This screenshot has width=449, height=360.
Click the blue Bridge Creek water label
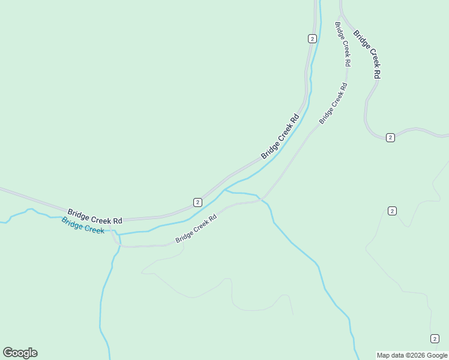click(83, 225)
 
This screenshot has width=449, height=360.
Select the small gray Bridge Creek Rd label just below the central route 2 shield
click(196, 230)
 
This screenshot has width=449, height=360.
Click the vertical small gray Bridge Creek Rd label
click(343, 44)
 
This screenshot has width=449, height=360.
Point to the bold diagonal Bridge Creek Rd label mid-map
click(280, 137)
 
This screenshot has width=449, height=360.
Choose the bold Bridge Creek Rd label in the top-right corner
click(367, 54)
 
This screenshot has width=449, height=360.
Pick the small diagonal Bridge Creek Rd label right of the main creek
click(333, 104)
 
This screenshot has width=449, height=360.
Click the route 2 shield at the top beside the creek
click(312, 38)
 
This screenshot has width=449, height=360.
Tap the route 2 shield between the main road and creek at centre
click(197, 202)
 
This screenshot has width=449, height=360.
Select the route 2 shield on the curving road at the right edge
click(390, 137)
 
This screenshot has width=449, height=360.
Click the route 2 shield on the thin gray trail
click(392, 211)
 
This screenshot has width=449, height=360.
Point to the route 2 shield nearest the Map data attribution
click(435, 339)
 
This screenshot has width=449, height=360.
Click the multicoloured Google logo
click(20, 353)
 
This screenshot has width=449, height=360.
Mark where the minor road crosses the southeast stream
click(262, 200)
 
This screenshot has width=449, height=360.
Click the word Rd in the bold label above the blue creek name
click(117, 220)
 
